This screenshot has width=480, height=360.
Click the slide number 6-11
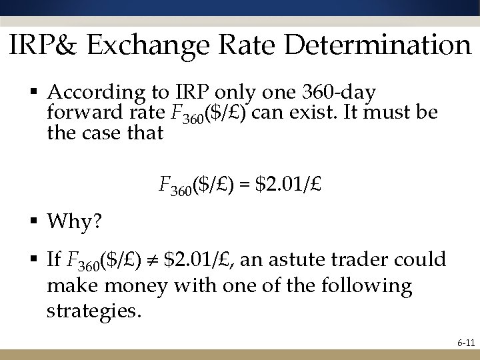coord(465,345)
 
